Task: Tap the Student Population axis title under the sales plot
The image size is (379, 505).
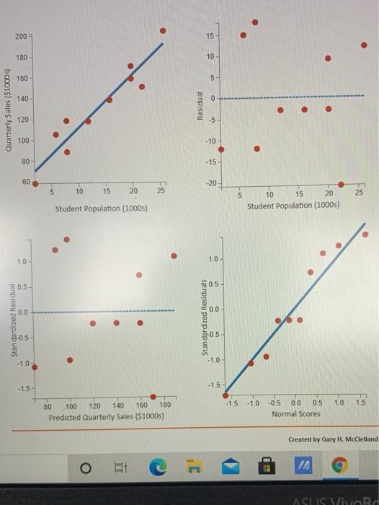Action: (x=102, y=208)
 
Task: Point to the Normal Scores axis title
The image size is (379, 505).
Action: (x=295, y=413)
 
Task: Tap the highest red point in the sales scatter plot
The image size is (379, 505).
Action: (x=163, y=30)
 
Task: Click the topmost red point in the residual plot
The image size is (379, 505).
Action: (x=254, y=22)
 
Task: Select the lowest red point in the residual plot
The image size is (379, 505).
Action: (x=341, y=183)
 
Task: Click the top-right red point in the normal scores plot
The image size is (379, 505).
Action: (x=365, y=234)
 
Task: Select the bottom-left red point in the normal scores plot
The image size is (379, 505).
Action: (x=226, y=395)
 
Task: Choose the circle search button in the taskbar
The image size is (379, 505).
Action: (x=85, y=469)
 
